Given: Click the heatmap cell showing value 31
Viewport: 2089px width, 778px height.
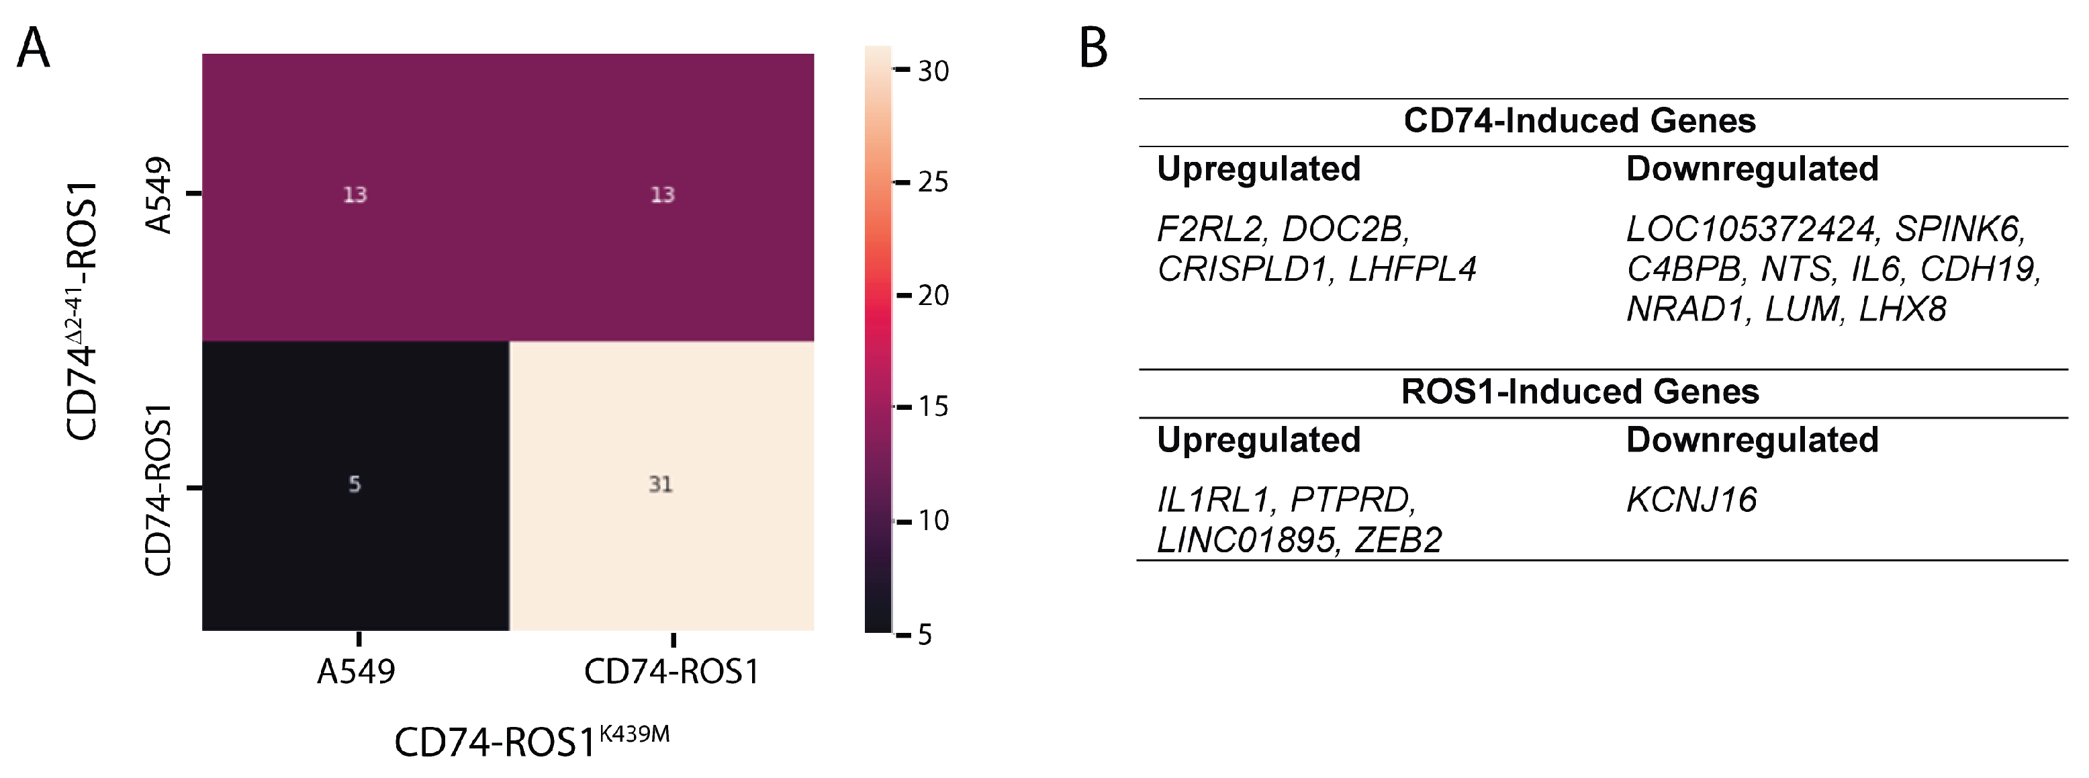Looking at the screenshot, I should coord(661,485).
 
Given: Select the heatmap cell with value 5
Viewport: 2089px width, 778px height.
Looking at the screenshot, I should coord(355,485).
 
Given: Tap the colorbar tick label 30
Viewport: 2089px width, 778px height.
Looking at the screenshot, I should coord(933,71).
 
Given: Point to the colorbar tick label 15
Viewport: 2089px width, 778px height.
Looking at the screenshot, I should coord(933,406).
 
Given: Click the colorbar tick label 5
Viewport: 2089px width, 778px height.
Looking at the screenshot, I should coord(925,634).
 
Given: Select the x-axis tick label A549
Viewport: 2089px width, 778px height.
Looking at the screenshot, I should coord(356,672).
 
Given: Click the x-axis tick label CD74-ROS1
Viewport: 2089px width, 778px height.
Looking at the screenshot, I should coord(671,672).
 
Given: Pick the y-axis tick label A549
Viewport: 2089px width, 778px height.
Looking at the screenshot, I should coord(159,195).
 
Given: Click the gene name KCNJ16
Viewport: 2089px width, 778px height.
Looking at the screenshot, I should coord(1691,500).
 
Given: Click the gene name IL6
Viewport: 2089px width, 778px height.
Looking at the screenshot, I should coord(1875,269).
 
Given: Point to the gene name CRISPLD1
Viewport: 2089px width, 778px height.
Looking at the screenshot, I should coord(1242,269).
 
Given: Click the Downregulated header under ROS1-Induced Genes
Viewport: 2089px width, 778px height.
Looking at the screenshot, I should coord(1752,439).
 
